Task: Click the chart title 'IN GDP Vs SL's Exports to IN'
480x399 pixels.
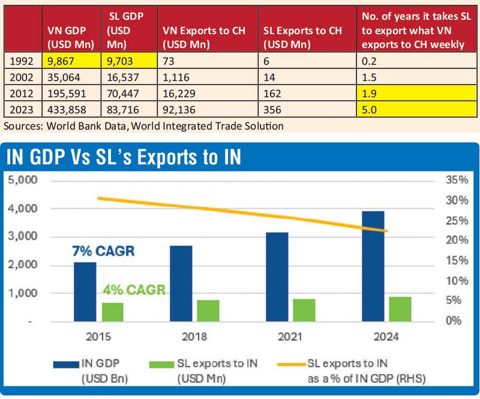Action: (123, 157)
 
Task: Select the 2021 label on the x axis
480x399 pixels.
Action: (290, 338)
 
